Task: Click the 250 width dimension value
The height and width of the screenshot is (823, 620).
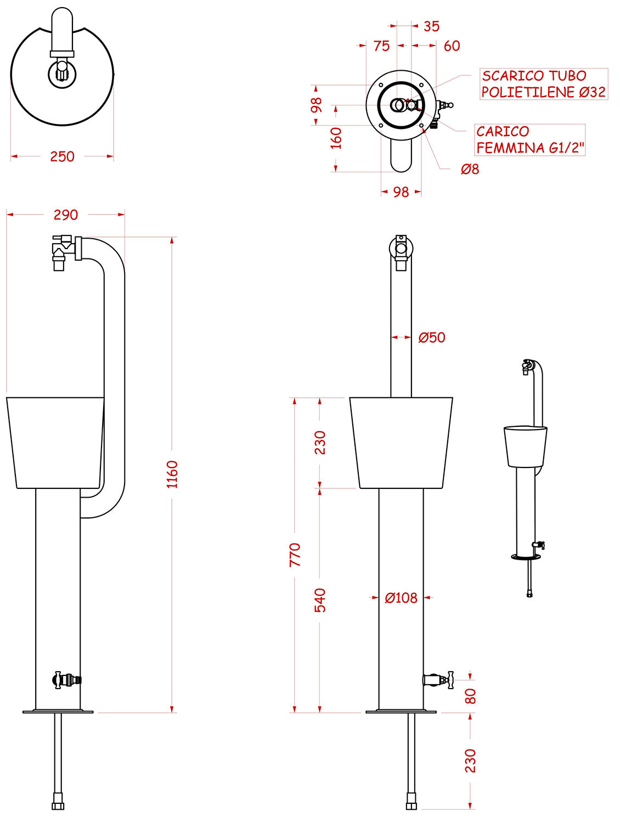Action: (x=62, y=156)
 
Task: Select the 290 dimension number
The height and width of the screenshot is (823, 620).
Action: (x=66, y=215)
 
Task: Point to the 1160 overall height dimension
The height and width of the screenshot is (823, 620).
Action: (x=172, y=474)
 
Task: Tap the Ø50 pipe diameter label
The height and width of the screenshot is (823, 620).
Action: (x=432, y=337)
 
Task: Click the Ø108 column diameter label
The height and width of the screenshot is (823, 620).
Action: (x=401, y=597)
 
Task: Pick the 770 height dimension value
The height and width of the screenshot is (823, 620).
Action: (x=295, y=555)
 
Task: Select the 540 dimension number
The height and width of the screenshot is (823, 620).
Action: (x=320, y=600)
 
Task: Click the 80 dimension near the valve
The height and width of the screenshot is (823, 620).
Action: (x=470, y=696)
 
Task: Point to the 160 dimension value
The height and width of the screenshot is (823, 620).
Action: (x=336, y=138)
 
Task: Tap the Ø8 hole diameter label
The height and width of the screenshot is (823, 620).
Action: (x=470, y=170)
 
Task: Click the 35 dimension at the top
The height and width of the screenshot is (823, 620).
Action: (x=431, y=26)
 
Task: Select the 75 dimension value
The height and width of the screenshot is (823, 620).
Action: (x=381, y=46)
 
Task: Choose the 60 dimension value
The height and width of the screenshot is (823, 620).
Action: (x=452, y=46)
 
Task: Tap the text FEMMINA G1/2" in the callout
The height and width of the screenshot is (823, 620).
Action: (x=530, y=148)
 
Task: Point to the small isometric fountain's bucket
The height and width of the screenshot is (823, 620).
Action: (x=525, y=446)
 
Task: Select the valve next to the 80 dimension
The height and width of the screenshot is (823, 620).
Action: (x=438, y=680)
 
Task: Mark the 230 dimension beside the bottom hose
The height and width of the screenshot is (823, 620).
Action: (x=470, y=760)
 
